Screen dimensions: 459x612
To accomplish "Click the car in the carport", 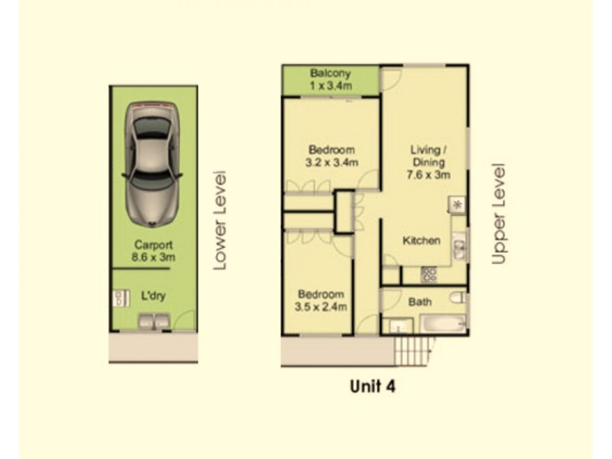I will click(x=155, y=162).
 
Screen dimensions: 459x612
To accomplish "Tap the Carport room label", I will click(x=154, y=246).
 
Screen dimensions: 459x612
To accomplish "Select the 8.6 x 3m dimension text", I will click(x=155, y=258).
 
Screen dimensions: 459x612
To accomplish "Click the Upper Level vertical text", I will click(x=500, y=213).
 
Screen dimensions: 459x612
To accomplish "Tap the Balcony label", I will click(x=330, y=73).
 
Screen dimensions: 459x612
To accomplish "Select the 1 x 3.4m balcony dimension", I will click(x=330, y=86).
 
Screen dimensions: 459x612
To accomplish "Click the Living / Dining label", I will click(x=428, y=155).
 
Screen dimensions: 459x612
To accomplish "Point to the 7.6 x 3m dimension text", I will click(x=428, y=174).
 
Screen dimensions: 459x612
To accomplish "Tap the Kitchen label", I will click(x=422, y=241).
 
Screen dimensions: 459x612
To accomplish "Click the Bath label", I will click(x=419, y=302).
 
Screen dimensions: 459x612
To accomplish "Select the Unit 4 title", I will click(x=372, y=386).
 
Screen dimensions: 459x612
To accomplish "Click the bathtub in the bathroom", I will click(x=442, y=324).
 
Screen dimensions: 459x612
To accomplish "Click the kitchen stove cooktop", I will click(x=429, y=273).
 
